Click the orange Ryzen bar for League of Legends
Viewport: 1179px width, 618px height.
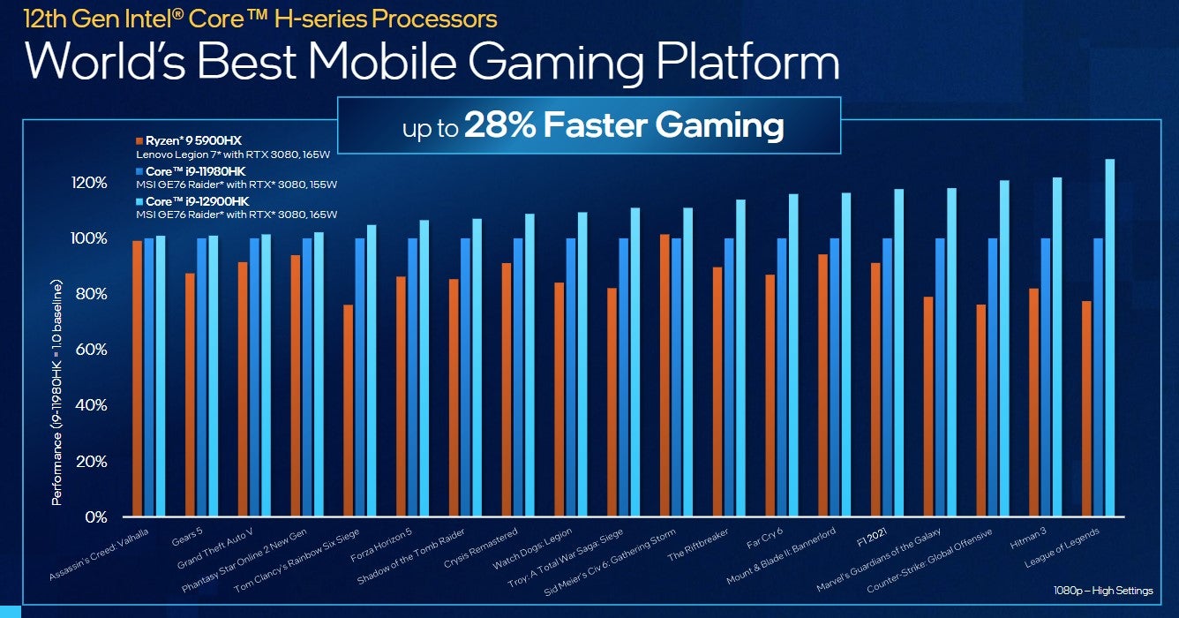coord(1087,409)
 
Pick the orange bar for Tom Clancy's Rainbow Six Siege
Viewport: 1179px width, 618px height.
coord(349,411)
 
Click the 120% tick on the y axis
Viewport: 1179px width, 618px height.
coord(89,183)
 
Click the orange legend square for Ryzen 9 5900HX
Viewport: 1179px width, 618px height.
coord(139,141)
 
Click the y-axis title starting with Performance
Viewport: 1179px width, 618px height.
coord(57,393)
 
